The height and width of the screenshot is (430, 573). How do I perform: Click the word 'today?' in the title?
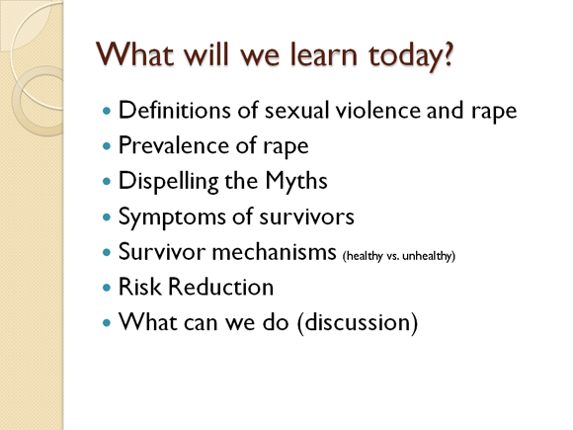tap(411, 56)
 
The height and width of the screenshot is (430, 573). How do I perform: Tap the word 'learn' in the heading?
tap(324, 54)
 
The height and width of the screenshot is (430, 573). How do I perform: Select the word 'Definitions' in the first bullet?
tap(175, 110)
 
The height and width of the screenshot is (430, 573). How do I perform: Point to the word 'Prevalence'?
tap(173, 145)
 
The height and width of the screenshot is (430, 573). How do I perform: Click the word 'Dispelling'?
tap(169, 181)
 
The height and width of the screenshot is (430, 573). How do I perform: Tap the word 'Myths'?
tap(296, 181)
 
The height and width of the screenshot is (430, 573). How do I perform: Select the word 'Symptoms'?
tap(172, 216)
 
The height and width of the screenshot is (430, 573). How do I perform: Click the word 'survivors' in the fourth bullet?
tap(307, 216)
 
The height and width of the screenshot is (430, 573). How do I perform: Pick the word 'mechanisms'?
tap(274, 252)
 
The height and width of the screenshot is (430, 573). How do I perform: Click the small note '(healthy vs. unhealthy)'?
tap(399, 256)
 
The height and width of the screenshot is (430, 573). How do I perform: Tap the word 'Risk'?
tap(139, 287)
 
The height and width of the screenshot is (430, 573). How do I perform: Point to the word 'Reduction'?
tap(220, 287)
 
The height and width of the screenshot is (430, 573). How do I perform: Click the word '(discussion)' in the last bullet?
tap(358, 322)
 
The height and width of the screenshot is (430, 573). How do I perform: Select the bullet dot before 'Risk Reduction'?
tap(107, 288)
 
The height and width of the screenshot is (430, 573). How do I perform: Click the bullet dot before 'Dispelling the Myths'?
tap(107, 182)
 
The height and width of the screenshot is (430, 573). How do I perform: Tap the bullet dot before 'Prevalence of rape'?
tap(107, 146)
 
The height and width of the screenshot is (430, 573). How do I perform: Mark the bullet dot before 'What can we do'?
tap(107, 323)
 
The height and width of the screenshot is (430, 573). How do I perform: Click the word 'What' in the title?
tap(134, 54)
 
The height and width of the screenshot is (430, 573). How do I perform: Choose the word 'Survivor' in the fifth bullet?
tap(162, 252)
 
